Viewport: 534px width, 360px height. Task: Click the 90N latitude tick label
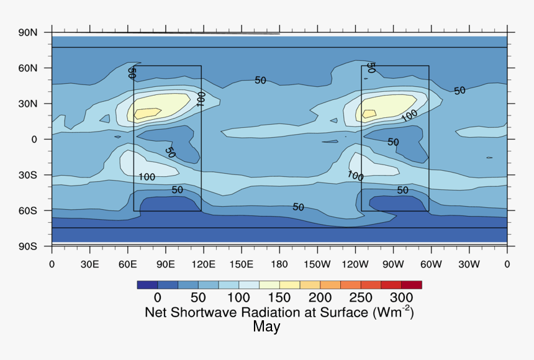(29, 32)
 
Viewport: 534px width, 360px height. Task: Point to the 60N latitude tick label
(29, 68)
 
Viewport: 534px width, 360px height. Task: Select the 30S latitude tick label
(29, 175)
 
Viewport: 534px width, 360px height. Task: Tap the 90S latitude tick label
(29, 246)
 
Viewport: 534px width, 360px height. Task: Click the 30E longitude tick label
(90, 264)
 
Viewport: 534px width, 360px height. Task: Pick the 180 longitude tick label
(279, 264)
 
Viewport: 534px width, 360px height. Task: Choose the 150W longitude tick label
(317, 264)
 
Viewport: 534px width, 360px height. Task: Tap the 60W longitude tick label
(431, 264)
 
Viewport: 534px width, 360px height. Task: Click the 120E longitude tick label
(204, 264)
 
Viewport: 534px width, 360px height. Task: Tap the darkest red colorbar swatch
(411, 285)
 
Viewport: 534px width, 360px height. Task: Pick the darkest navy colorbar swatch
(147, 285)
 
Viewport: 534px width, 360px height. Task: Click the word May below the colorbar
(266, 326)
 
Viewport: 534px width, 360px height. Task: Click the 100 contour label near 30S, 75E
(147, 177)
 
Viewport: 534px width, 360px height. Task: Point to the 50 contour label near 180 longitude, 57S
(298, 207)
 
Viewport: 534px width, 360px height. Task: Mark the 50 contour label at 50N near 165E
(260, 80)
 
